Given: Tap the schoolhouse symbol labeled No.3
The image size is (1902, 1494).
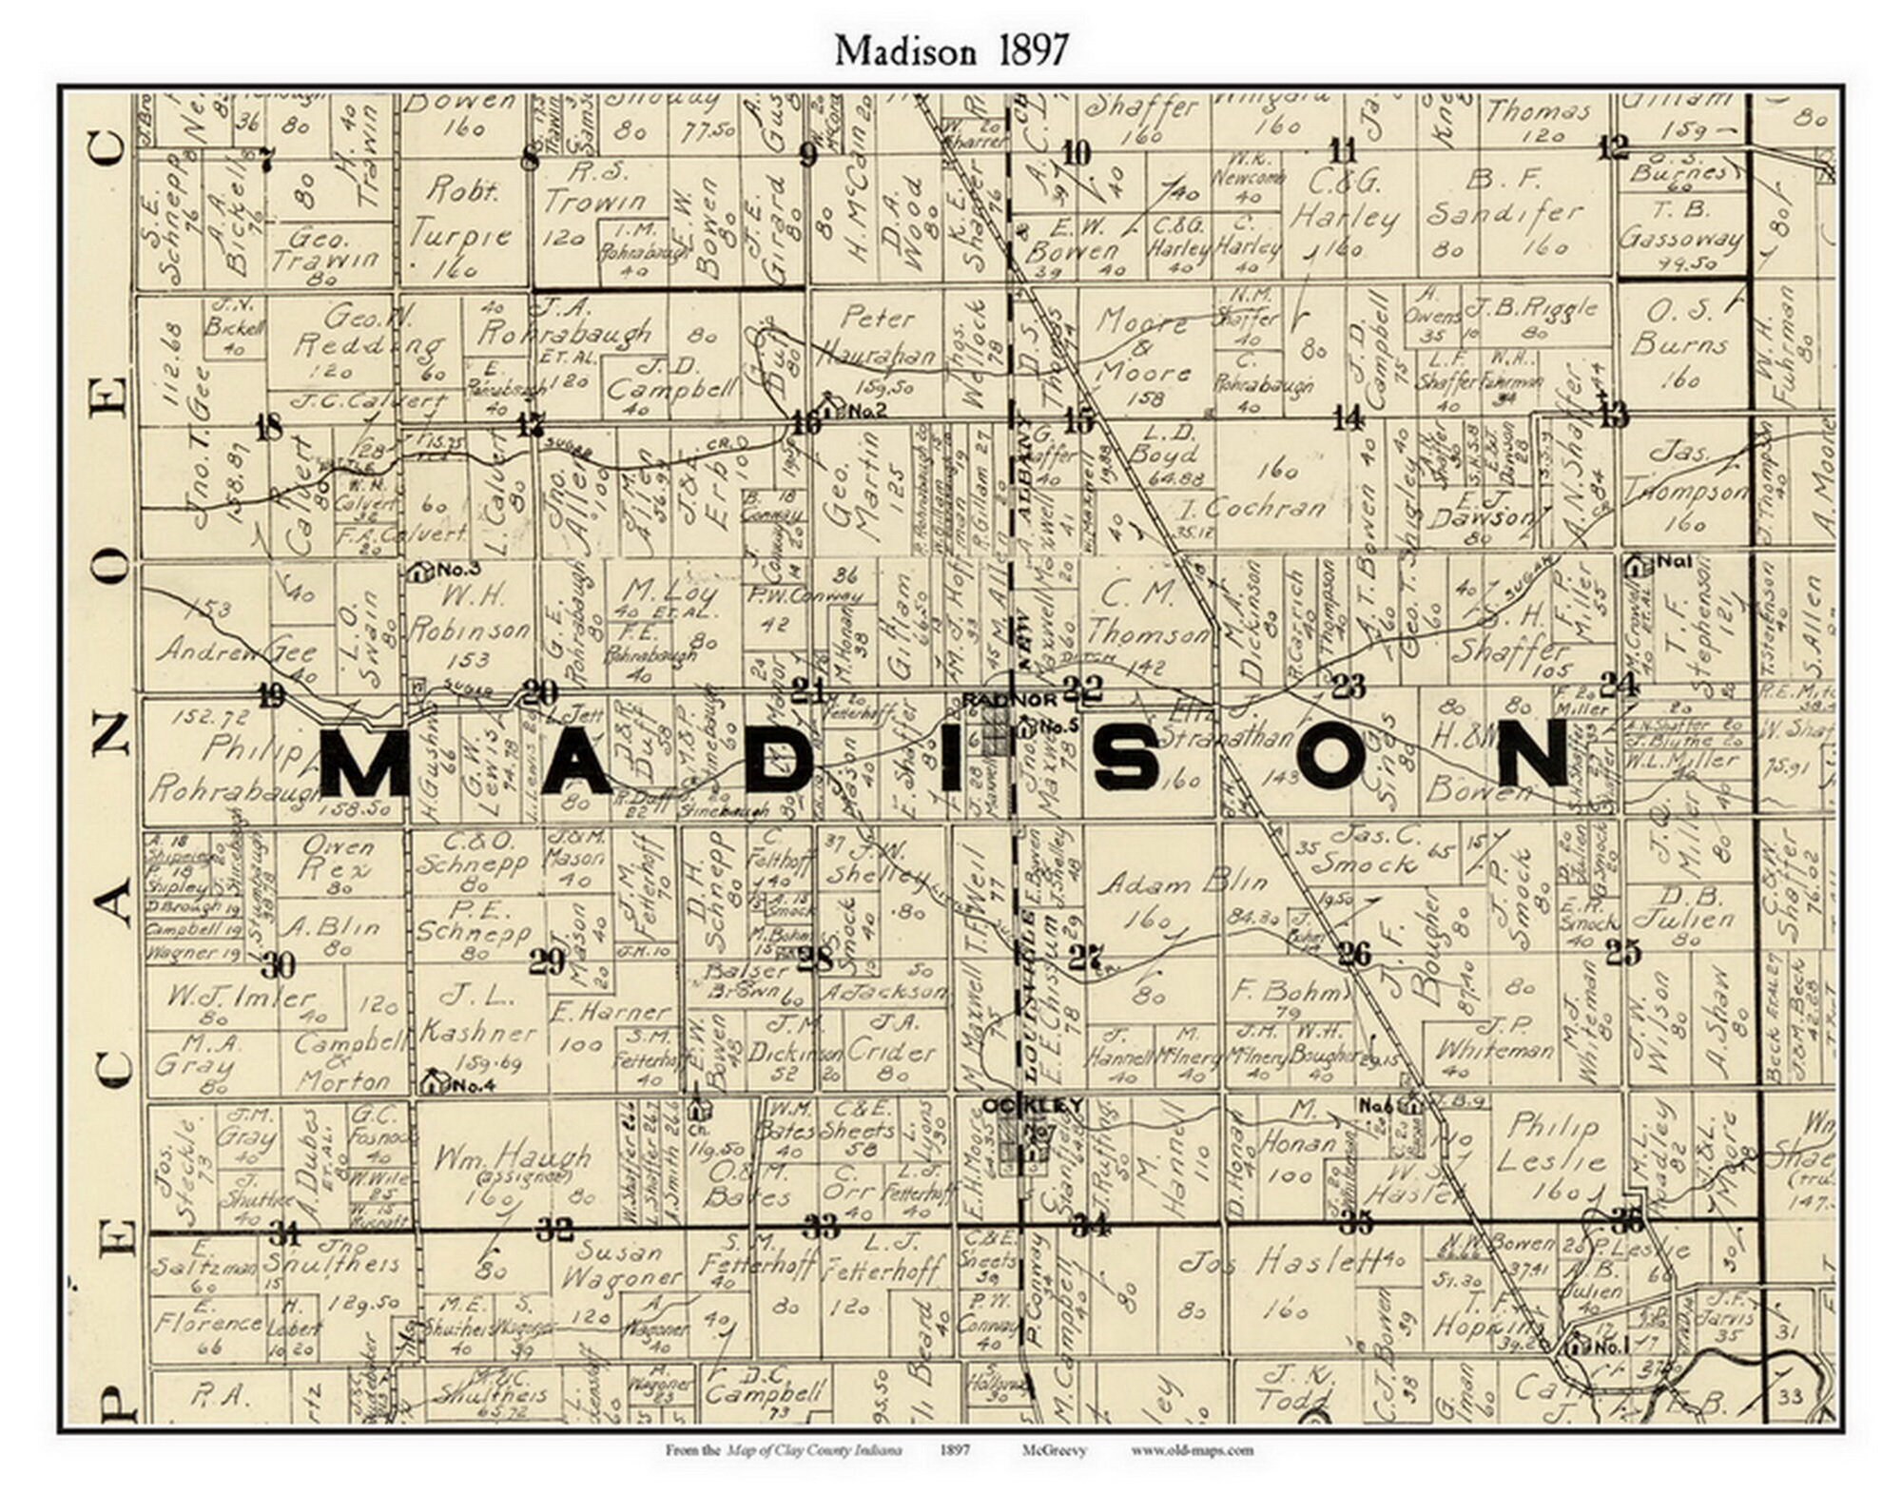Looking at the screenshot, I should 418,571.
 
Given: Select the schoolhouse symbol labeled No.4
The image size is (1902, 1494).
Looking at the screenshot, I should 433,1080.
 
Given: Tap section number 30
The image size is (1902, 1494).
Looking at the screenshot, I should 278,965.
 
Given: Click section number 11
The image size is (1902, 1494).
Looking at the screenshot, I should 1343,150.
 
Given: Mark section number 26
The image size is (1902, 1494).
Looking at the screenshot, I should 1354,953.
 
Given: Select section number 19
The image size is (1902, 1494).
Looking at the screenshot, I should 271,696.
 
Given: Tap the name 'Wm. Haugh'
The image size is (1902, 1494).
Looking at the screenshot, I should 512,1158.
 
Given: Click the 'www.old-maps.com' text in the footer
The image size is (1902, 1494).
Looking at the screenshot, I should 1192,1450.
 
